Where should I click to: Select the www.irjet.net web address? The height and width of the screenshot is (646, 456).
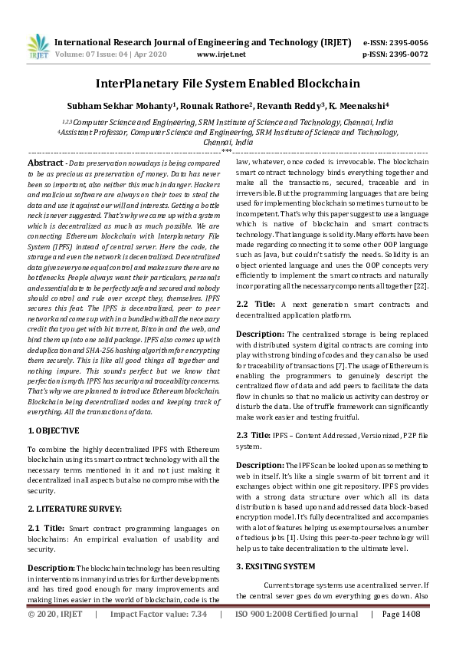[x=221, y=54]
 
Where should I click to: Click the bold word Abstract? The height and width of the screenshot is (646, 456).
[x=45, y=163]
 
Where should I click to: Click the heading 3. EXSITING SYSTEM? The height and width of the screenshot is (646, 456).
[x=274, y=566]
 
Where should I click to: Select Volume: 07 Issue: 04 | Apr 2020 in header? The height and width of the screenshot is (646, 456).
[x=112, y=54]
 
